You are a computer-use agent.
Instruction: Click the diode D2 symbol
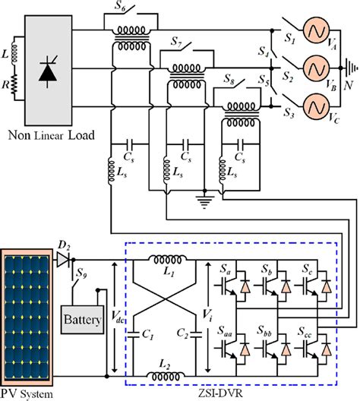click(x=62, y=259)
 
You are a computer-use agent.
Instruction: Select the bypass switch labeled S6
click(x=138, y=18)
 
